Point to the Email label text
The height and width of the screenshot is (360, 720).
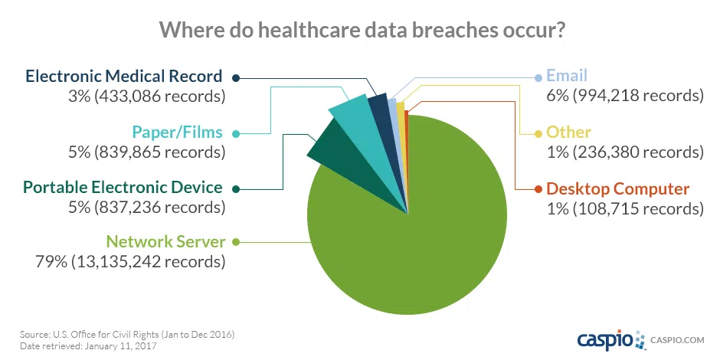coord(566,76)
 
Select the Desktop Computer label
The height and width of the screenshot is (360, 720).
coord(617,188)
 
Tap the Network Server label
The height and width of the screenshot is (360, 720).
coord(165,242)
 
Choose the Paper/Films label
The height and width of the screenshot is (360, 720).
coord(186,133)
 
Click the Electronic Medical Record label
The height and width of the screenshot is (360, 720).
coord(123,76)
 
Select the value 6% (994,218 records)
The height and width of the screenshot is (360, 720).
coord(623,96)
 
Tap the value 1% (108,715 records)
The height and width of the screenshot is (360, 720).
coord(623,208)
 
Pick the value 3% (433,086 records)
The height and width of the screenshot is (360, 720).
coord(147,96)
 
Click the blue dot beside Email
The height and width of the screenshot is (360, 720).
coord(538,77)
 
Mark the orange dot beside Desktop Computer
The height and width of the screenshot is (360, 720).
coord(538,189)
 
